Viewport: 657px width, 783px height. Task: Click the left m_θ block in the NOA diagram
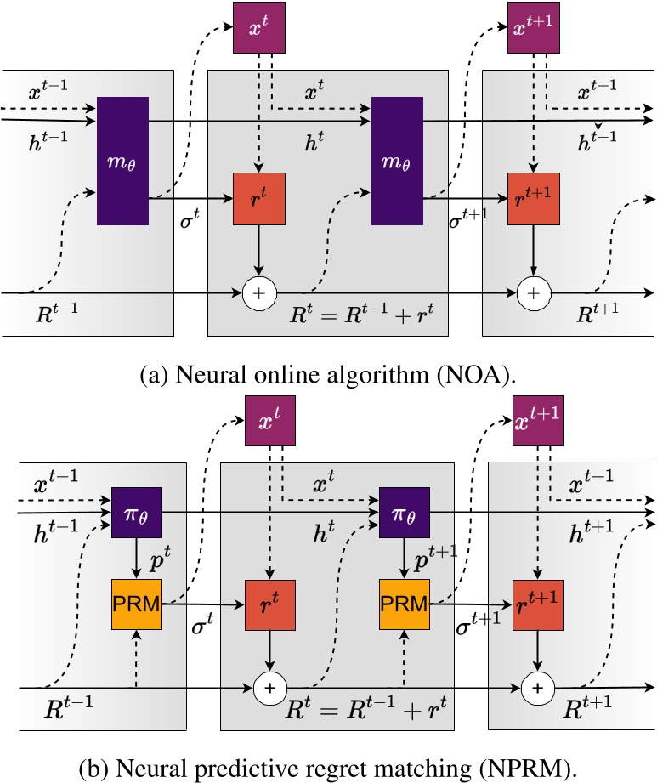pyautogui.click(x=122, y=160)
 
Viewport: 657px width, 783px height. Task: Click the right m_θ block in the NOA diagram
pyautogui.click(x=396, y=160)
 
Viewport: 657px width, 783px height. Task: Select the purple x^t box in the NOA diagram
pyautogui.click(x=259, y=28)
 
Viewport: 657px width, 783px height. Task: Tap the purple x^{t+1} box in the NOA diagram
pyautogui.click(x=533, y=28)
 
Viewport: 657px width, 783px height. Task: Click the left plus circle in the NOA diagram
pyautogui.click(x=259, y=292)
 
